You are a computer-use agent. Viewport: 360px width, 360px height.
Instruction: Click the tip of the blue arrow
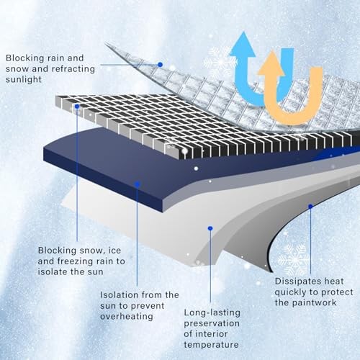(243, 32)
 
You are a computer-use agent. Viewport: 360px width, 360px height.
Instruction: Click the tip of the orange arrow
(272, 50)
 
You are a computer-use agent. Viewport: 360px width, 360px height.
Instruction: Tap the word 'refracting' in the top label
(73, 69)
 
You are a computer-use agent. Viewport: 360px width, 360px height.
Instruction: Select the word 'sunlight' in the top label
(24, 79)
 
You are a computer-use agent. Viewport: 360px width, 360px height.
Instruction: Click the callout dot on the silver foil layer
(161, 65)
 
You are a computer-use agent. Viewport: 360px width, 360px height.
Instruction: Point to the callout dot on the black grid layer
(77, 107)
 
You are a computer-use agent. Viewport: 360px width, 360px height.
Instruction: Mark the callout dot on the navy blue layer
(138, 184)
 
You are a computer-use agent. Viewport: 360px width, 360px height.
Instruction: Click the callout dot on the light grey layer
(210, 228)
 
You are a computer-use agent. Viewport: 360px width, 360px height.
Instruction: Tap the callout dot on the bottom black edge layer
(310, 206)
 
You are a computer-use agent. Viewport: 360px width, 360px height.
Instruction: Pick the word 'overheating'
(127, 317)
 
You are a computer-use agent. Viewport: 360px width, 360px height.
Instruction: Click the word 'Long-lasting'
(212, 313)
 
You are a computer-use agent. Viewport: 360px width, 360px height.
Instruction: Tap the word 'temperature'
(211, 345)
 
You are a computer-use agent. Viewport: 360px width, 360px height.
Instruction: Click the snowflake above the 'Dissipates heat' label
(294, 260)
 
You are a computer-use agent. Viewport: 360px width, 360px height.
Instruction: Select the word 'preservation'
(212, 324)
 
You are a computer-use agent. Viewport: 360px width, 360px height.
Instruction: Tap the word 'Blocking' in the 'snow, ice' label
(57, 251)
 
